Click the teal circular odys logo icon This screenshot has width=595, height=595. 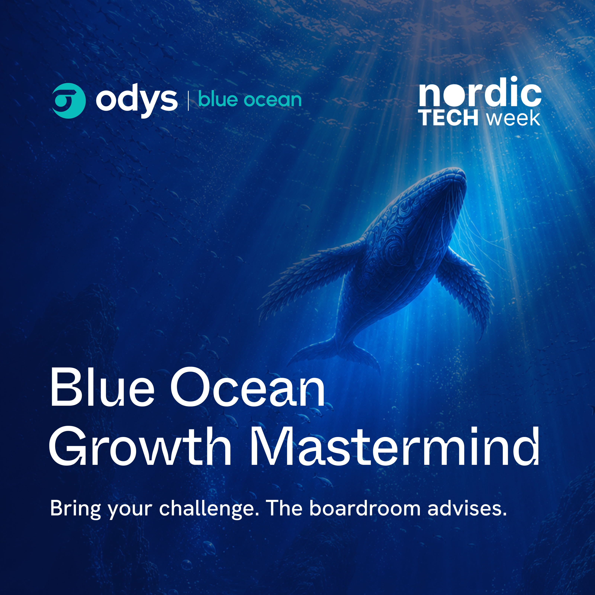click(x=69, y=101)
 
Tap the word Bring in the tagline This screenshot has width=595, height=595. click(x=75, y=509)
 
